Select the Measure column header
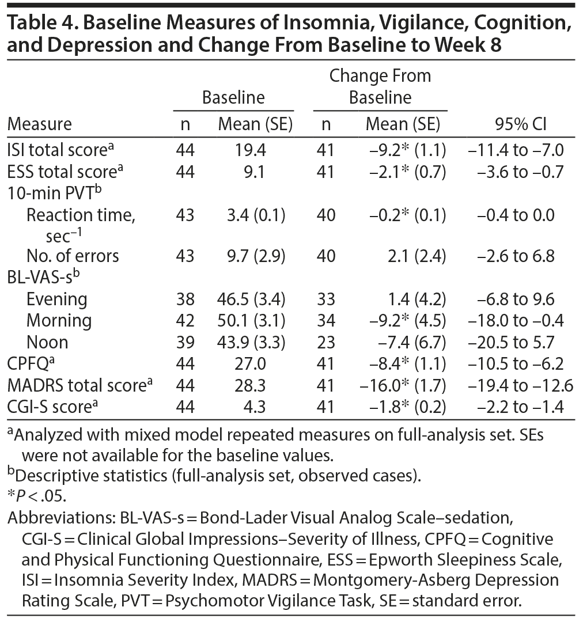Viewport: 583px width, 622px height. pos(40,124)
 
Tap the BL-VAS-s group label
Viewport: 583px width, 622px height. pos(43,277)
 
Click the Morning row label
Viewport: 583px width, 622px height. pos(59,320)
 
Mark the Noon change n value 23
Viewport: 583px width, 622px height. pos(325,342)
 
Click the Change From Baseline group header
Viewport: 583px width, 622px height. pos(380,86)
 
